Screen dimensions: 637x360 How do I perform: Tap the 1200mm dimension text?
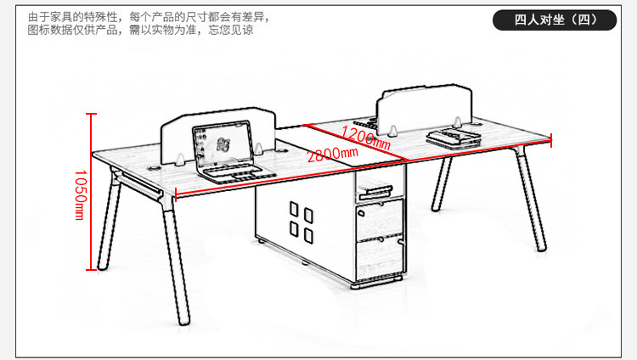366,136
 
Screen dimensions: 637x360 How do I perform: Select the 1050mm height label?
79,194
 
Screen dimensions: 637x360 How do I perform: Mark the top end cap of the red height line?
92,114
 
